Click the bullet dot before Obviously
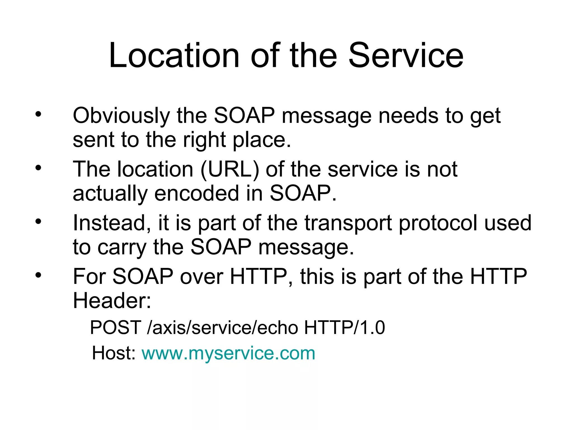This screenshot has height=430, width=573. coord(38,114)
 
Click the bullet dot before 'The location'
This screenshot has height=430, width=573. coord(38,168)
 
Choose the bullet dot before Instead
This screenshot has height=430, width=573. coord(38,221)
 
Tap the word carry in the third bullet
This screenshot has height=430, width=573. coord(122,248)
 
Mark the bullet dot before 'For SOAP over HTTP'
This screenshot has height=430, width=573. coord(38,275)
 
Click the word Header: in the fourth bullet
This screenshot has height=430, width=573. coord(112,301)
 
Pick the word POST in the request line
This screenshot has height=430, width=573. coord(116,328)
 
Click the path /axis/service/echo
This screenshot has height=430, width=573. coord(222,328)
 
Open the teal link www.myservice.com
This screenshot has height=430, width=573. coord(228,353)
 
